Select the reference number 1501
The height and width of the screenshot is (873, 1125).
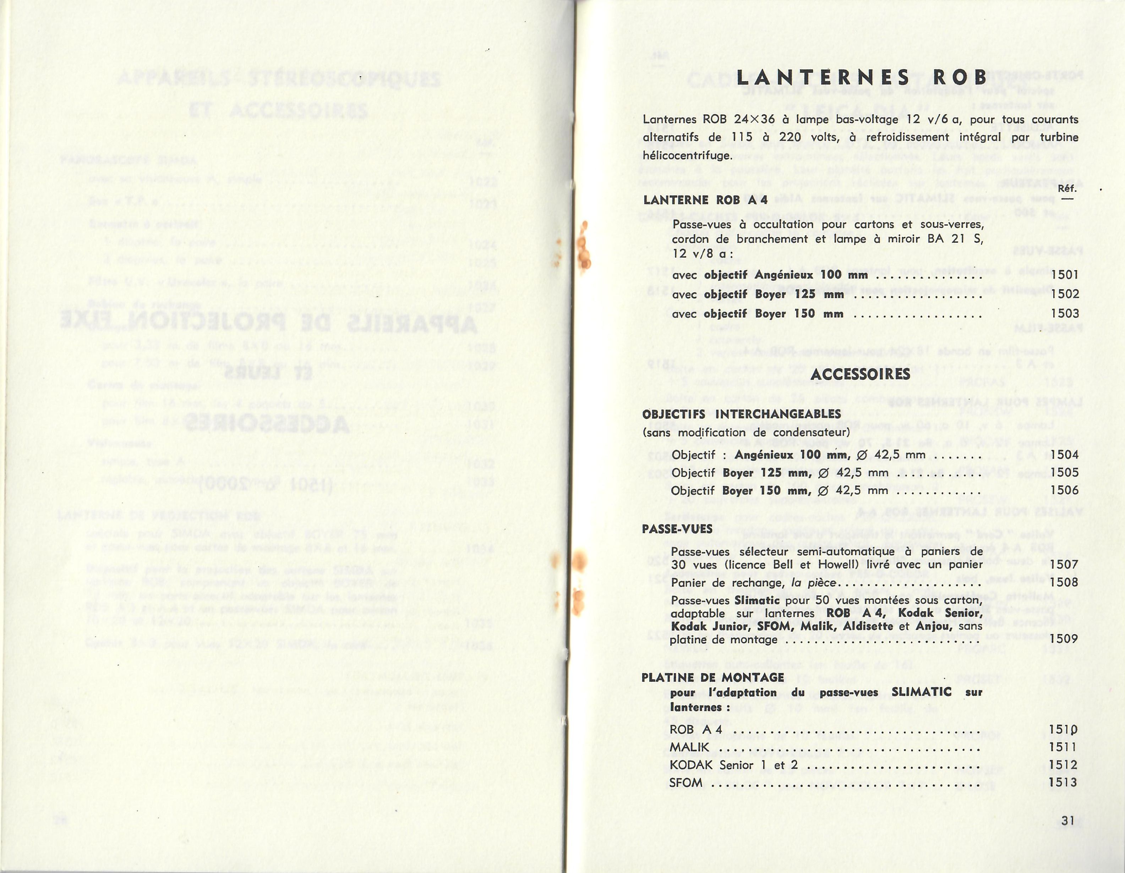point(1065,275)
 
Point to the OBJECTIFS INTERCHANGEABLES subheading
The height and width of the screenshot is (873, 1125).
point(742,414)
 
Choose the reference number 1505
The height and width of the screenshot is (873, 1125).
point(1065,472)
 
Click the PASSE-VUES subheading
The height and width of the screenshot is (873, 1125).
point(677,529)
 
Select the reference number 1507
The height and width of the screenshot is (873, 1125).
point(1065,565)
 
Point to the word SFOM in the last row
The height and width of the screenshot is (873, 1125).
point(686,783)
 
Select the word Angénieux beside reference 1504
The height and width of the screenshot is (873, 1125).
point(764,455)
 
